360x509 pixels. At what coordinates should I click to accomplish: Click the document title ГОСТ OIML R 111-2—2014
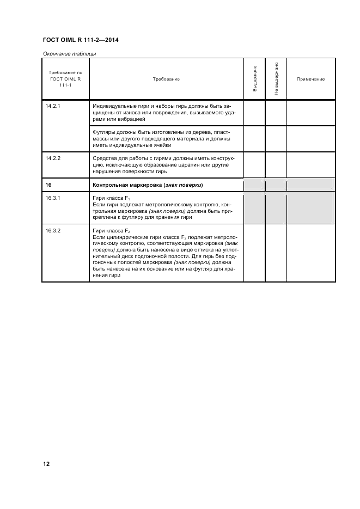(80, 40)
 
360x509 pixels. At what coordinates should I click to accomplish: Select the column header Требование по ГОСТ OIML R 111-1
(65, 79)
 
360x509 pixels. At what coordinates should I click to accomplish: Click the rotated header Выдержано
(254, 79)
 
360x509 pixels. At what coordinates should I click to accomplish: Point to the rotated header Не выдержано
(276, 79)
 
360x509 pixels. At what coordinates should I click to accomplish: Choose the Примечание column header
(310, 79)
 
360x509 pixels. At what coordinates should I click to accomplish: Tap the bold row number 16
(48, 185)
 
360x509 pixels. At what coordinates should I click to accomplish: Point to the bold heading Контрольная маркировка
(128, 185)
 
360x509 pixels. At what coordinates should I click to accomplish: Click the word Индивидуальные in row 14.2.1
(113, 106)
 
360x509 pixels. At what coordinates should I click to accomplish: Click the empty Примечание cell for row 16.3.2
(310, 253)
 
